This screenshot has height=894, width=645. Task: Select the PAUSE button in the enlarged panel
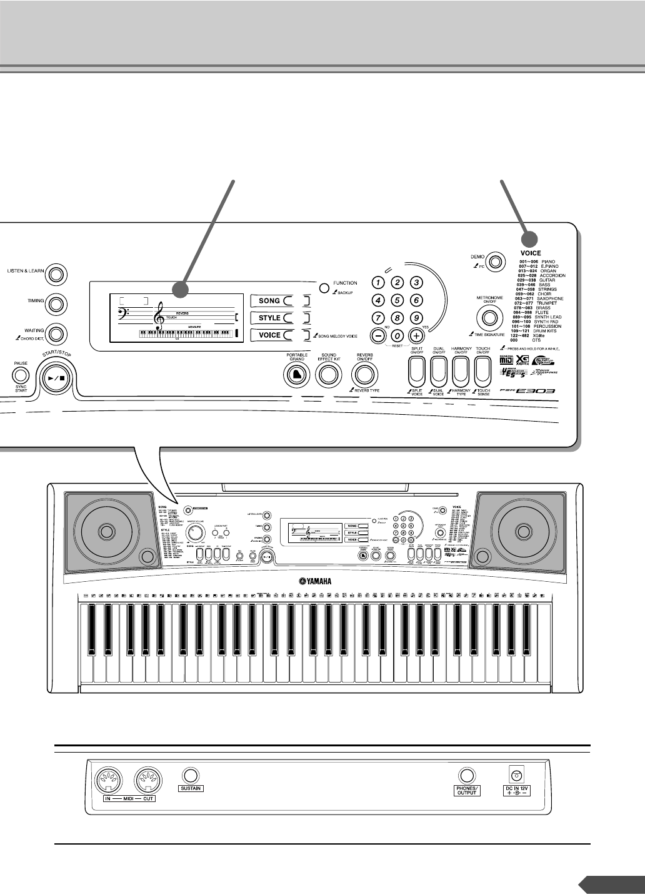(21, 375)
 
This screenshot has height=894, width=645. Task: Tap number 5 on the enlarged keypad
(396, 300)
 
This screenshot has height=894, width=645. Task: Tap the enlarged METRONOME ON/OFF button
(490, 318)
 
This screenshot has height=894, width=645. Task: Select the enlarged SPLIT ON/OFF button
(416, 372)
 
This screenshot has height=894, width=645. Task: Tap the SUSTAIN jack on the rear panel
(191, 774)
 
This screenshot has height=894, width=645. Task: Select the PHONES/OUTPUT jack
(466, 775)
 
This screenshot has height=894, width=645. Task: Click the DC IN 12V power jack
(517, 773)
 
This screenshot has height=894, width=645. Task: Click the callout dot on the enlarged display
(181, 290)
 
